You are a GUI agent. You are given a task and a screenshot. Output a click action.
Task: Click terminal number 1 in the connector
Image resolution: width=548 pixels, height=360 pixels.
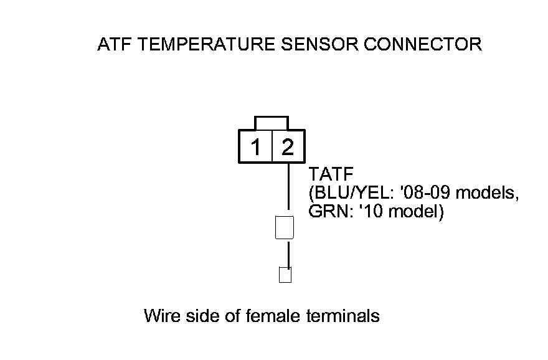click(255, 148)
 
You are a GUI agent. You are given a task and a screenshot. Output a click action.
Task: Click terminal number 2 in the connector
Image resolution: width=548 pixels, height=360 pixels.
click(288, 148)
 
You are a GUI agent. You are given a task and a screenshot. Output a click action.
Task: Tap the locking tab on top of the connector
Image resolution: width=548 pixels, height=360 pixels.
click(272, 122)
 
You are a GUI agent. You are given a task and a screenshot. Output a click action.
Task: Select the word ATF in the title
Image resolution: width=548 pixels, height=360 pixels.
click(113, 45)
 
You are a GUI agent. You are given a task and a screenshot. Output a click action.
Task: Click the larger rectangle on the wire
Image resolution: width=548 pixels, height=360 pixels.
click(285, 227)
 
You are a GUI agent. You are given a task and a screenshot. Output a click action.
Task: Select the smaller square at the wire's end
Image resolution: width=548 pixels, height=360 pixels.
click(285, 275)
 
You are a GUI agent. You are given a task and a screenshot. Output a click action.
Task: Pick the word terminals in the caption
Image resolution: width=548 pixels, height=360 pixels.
click(343, 316)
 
